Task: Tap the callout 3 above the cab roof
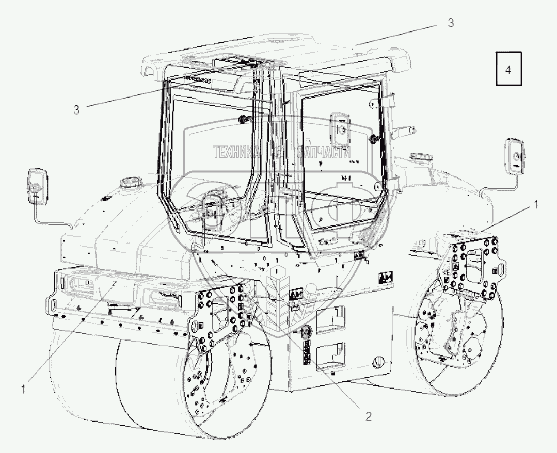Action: tap(450, 23)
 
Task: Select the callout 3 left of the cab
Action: tap(76, 109)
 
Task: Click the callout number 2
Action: tap(368, 415)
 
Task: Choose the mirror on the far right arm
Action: tap(515, 155)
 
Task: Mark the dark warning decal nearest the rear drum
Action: tap(385, 278)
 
